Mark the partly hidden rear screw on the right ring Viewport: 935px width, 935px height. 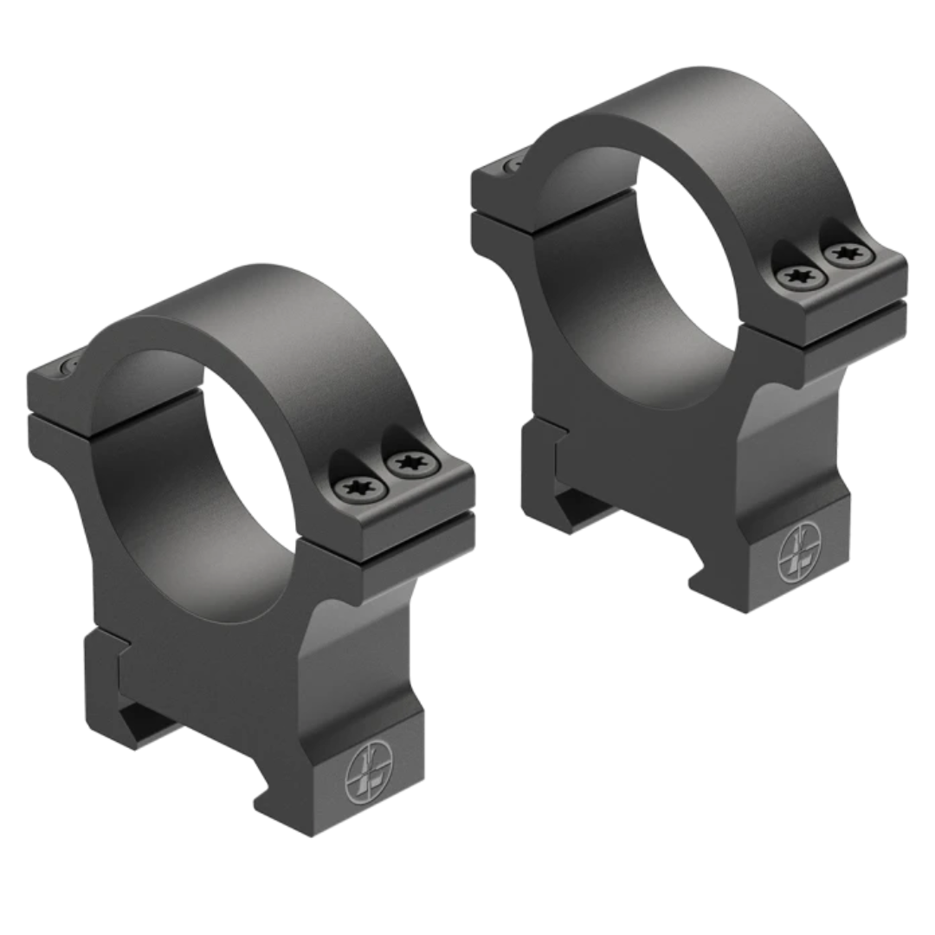513,159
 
